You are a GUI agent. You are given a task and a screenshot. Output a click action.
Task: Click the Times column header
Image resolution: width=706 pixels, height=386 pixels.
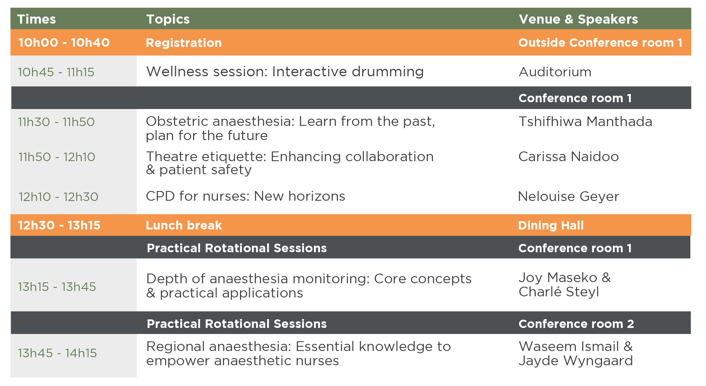(x=36, y=19)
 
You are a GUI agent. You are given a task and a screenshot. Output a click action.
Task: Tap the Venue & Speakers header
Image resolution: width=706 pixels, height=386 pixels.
(x=578, y=19)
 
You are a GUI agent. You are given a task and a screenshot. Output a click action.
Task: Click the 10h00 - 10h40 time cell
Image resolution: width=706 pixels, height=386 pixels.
(x=64, y=43)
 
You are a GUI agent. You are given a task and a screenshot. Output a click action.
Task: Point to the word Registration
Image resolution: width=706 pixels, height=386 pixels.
(x=184, y=43)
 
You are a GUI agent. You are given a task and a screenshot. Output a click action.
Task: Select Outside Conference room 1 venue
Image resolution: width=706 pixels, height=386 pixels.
(x=600, y=43)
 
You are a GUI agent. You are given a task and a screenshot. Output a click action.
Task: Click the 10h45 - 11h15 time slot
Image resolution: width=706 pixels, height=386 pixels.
(x=56, y=72)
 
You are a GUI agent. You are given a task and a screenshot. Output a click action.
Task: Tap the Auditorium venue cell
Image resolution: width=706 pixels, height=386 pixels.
(x=555, y=72)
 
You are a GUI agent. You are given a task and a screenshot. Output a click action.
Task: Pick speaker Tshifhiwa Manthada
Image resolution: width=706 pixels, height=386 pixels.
(x=585, y=122)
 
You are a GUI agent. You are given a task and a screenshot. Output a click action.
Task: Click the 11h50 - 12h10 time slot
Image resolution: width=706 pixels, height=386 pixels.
(x=57, y=157)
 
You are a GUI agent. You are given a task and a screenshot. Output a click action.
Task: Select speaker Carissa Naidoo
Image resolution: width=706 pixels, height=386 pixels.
(x=569, y=157)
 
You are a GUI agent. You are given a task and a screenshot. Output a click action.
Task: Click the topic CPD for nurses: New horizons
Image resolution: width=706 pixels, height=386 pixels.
(x=245, y=196)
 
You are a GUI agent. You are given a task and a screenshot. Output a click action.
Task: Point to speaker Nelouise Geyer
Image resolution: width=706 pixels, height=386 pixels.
(x=569, y=196)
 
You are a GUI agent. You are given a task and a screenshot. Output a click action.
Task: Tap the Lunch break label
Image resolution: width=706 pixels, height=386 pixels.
(x=184, y=225)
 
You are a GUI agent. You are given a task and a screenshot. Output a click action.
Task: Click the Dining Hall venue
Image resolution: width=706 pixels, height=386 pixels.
(x=551, y=225)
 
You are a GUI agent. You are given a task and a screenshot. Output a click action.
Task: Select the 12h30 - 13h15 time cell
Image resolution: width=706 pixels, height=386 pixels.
(x=59, y=225)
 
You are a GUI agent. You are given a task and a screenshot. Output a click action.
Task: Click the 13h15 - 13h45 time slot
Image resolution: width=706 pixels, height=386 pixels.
(x=57, y=287)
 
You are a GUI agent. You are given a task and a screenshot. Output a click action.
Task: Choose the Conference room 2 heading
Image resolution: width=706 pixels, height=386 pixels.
(x=576, y=324)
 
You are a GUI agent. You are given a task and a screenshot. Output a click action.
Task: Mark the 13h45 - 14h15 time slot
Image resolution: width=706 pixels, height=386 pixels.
(x=58, y=353)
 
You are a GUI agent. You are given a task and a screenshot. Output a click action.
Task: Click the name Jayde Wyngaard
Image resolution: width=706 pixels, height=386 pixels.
(x=576, y=361)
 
